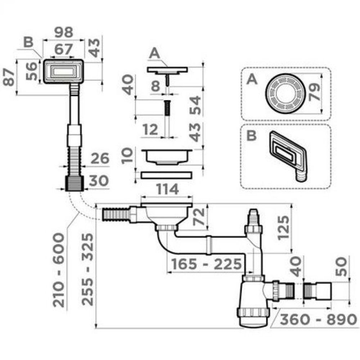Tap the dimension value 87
point(9,77)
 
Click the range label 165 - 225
point(207,264)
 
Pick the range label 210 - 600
point(59,270)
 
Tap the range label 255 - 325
point(87,269)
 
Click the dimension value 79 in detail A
point(314,92)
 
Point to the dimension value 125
point(283,228)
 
